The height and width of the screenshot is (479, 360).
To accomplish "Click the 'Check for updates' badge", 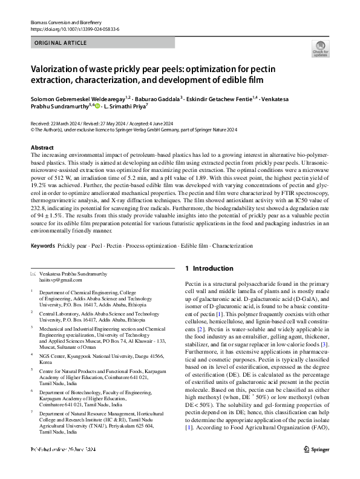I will click(320, 49).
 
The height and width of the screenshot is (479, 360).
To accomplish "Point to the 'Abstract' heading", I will click(42, 148).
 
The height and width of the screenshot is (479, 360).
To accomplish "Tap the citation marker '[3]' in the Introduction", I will click(324, 345).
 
